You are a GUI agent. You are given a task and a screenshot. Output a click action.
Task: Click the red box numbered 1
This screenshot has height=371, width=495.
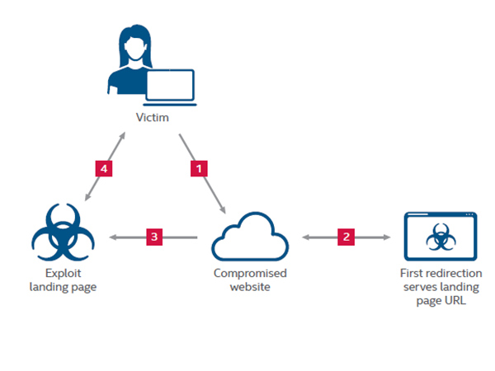(197, 168)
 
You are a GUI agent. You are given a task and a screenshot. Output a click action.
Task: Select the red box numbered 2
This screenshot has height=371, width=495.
(346, 237)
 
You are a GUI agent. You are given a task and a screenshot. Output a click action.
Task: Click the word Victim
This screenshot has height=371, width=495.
(153, 118)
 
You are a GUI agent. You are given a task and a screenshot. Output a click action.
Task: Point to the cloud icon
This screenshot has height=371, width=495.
(250, 237)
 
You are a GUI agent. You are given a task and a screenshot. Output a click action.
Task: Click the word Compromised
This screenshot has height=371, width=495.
(250, 273)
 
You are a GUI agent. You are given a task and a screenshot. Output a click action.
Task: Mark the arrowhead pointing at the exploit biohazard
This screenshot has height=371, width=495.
(93, 237)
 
